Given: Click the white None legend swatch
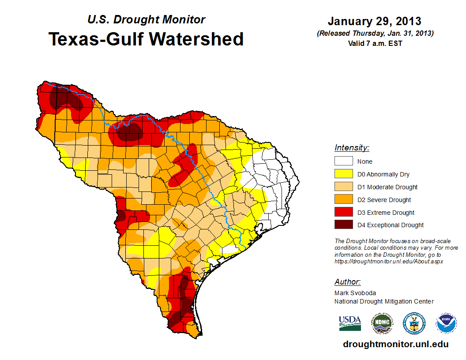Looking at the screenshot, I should click(x=343, y=161).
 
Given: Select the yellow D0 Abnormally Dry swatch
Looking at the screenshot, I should click(x=343, y=174).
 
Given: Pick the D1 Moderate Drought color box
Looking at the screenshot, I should click(x=343, y=187).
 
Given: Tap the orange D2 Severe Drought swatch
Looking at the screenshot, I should click(x=343, y=200).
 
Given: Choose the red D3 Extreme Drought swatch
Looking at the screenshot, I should click(x=343, y=213).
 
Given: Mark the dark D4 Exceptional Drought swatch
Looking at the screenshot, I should click(x=343, y=225).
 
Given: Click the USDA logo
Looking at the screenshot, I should click(x=350, y=323).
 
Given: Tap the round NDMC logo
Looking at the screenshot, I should click(x=382, y=323).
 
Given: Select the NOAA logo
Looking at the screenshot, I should click(x=447, y=323).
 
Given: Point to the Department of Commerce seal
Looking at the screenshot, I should click(x=414, y=323).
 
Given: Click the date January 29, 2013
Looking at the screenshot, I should click(x=374, y=21).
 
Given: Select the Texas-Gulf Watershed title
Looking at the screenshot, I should click(x=146, y=39).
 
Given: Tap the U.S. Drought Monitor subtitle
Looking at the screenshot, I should click(x=146, y=20).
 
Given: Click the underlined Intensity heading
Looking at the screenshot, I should click(x=352, y=148).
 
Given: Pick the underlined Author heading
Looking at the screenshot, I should click(x=347, y=282).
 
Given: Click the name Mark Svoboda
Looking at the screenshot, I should click(x=355, y=293).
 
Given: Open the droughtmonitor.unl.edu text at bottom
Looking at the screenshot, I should click(x=395, y=344).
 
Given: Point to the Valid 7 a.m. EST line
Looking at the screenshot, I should click(x=374, y=43).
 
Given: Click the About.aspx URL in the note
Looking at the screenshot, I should click(x=388, y=261).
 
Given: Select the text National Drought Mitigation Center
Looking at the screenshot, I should click(x=384, y=301).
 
